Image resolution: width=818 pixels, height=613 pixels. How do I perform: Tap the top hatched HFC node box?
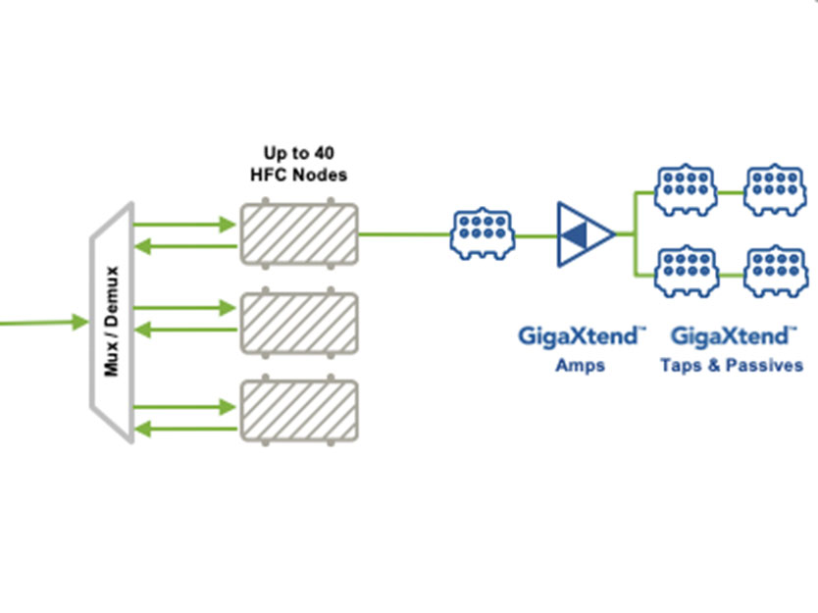299,233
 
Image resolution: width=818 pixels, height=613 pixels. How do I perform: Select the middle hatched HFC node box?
299,321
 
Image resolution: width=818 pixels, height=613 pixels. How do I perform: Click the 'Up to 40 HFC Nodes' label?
299,164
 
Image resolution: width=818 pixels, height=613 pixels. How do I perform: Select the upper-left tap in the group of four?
684,189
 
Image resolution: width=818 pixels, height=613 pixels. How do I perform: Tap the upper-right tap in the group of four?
774,189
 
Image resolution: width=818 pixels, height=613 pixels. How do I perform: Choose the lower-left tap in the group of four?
684,272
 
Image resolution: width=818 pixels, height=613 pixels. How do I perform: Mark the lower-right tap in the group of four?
774,272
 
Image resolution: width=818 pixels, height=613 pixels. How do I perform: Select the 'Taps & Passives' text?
732,366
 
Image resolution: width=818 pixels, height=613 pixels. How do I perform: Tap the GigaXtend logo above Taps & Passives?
732,337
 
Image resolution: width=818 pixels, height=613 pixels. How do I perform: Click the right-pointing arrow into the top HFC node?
186,225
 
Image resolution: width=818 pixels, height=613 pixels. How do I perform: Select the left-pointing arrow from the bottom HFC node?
186,428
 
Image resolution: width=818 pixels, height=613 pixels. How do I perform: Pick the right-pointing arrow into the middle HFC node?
186,311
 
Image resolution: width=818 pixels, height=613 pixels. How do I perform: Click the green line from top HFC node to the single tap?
402,234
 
